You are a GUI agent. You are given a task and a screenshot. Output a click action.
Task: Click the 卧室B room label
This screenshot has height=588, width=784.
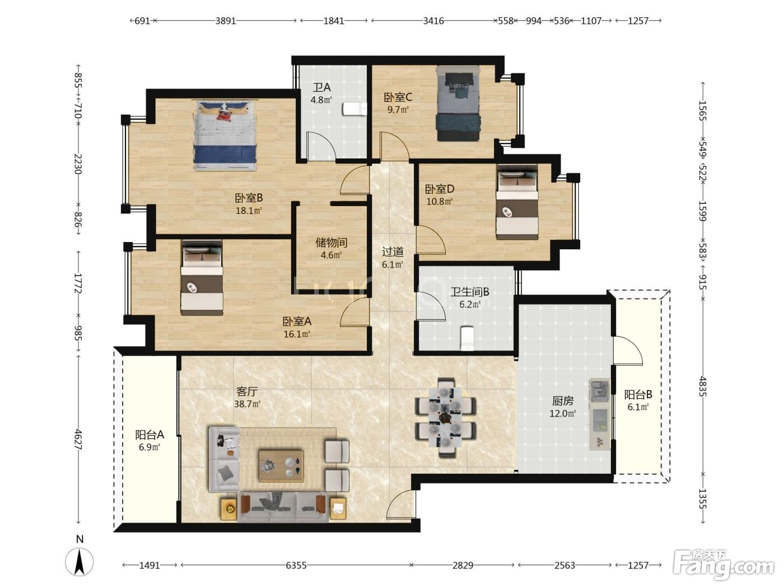[249, 198]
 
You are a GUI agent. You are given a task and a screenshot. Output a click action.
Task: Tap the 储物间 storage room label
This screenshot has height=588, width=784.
[331, 243]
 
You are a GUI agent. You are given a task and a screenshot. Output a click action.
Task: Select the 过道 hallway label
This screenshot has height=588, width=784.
[393, 251]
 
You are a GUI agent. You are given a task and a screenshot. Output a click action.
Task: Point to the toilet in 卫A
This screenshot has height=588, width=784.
[354, 109]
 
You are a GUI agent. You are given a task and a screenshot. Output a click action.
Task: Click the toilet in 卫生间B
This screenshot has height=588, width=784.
[467, 338]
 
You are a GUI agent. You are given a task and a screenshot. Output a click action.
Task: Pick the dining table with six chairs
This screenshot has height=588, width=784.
[445, 417]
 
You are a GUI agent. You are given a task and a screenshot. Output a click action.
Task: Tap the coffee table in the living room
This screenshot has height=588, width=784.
[281, 465]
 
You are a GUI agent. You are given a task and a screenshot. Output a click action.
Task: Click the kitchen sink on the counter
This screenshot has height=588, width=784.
[599, 390]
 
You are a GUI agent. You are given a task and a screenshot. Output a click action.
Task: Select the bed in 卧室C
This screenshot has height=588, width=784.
[458, 104]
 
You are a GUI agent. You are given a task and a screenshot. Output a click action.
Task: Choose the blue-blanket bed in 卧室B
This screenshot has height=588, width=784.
[225, 136]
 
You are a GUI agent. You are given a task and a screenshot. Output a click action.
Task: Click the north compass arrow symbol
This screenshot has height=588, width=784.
[80, 562]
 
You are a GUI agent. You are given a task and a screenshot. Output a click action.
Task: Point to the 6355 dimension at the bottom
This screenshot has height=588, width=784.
[296, 565]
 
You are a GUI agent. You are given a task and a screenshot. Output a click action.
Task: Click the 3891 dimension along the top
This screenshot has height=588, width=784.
[226, 21]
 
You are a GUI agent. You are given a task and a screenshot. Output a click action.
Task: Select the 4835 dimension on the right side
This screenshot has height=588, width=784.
[703, 386]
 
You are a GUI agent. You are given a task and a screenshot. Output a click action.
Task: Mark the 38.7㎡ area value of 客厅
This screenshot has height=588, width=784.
[247, 404]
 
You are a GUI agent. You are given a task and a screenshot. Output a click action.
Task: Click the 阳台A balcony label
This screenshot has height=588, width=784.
[150, 435]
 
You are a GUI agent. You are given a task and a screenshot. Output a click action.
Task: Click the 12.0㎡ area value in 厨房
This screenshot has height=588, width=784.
[563, 413]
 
